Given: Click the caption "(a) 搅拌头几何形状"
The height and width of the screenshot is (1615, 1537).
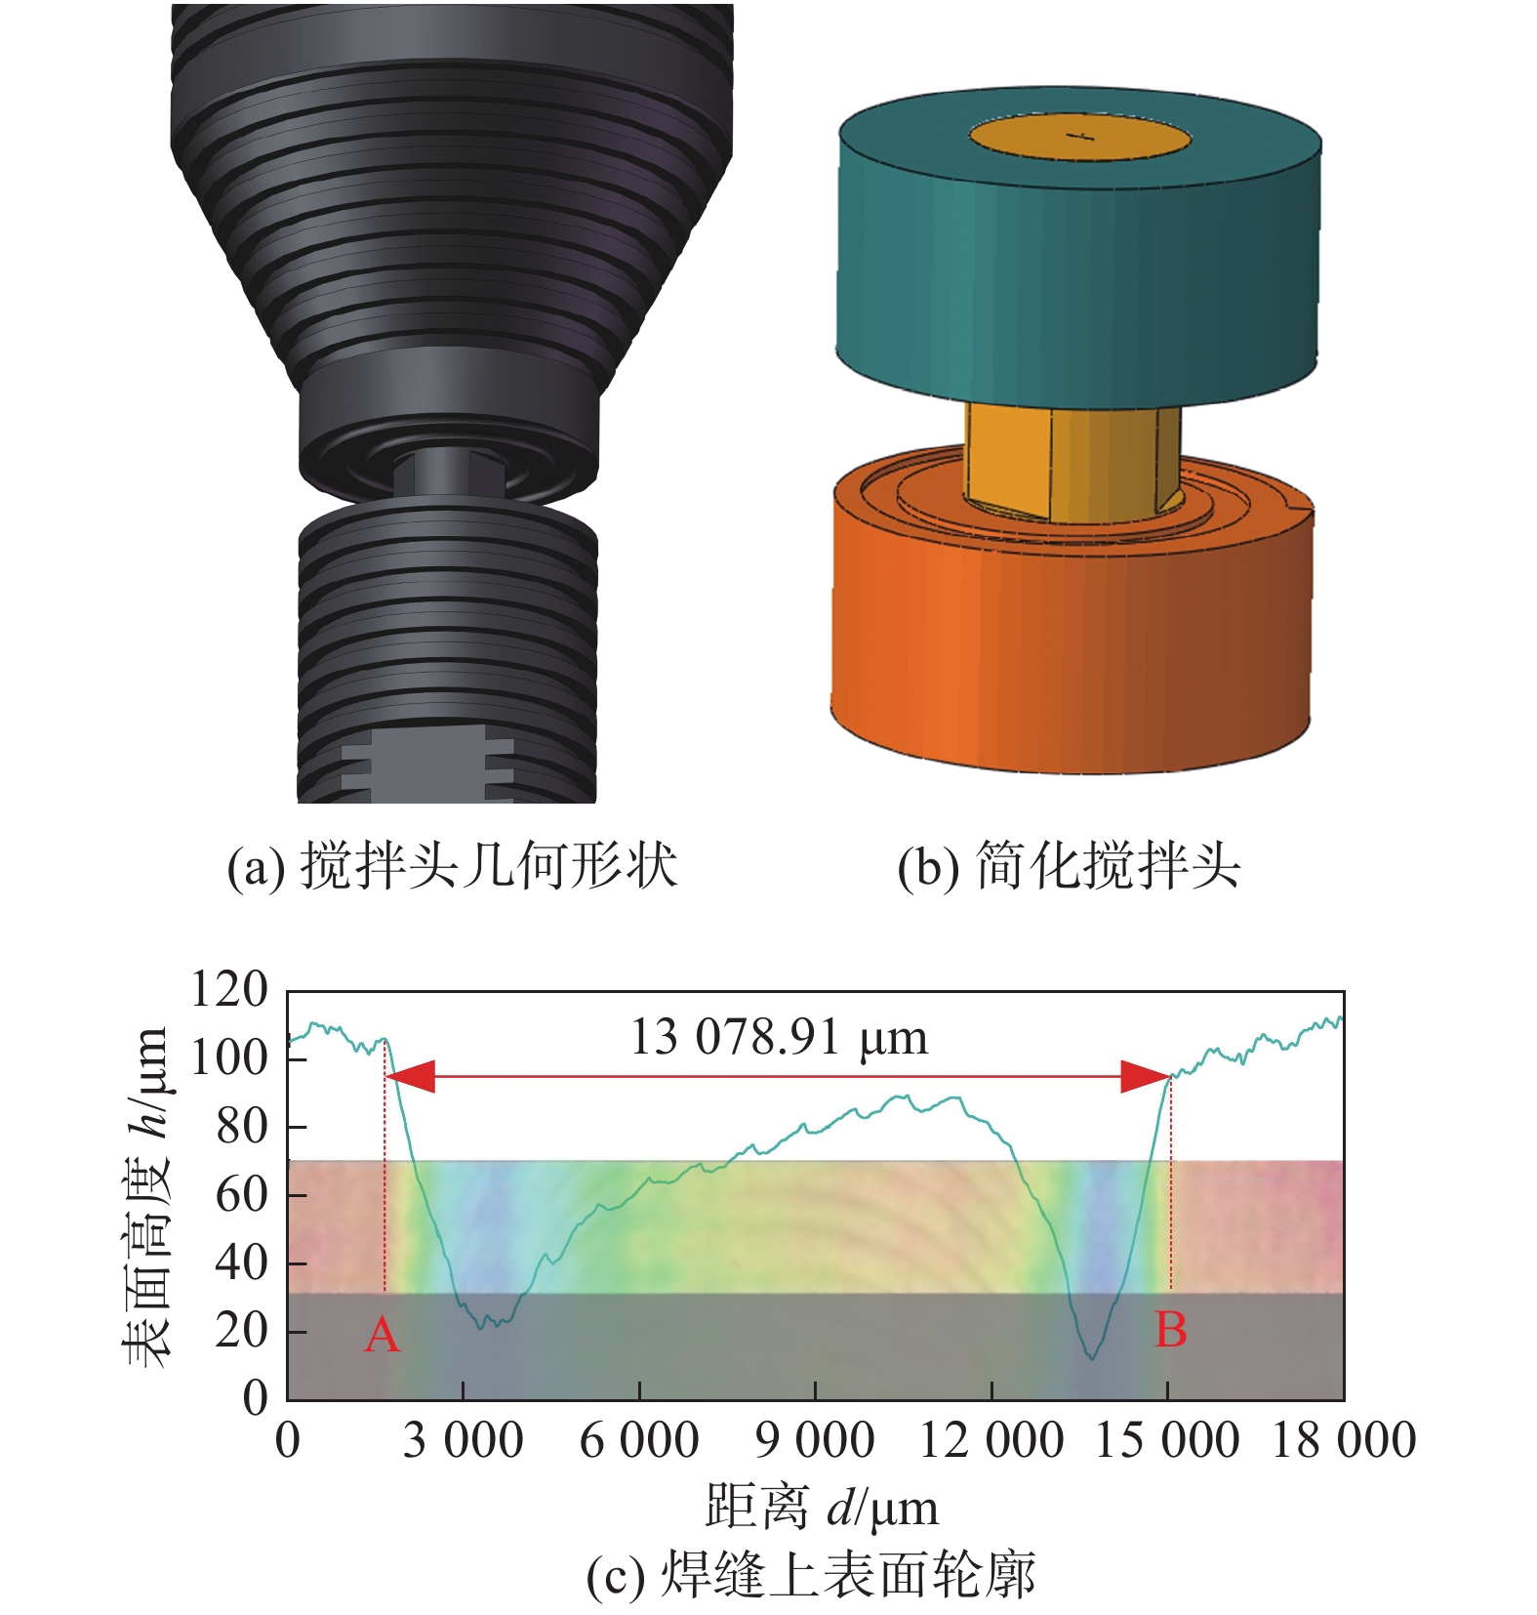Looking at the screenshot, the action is (452, 865).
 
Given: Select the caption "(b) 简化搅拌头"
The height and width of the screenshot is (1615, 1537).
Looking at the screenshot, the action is (1069, 865).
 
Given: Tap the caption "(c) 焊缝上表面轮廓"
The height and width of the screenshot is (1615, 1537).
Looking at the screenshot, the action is (810, 1575).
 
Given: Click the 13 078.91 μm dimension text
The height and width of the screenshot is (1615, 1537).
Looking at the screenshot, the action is (779, 1037).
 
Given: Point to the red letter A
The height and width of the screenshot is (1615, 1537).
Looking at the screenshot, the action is (383, 1334).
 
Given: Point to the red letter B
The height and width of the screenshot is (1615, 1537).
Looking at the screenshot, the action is (1170, 1330).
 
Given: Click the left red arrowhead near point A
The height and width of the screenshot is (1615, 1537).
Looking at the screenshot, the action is (410, 1077).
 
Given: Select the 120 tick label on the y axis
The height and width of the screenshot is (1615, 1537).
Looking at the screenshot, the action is (228, 989).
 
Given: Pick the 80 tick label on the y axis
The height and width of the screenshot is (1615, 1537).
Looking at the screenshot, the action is (241, 1126).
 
